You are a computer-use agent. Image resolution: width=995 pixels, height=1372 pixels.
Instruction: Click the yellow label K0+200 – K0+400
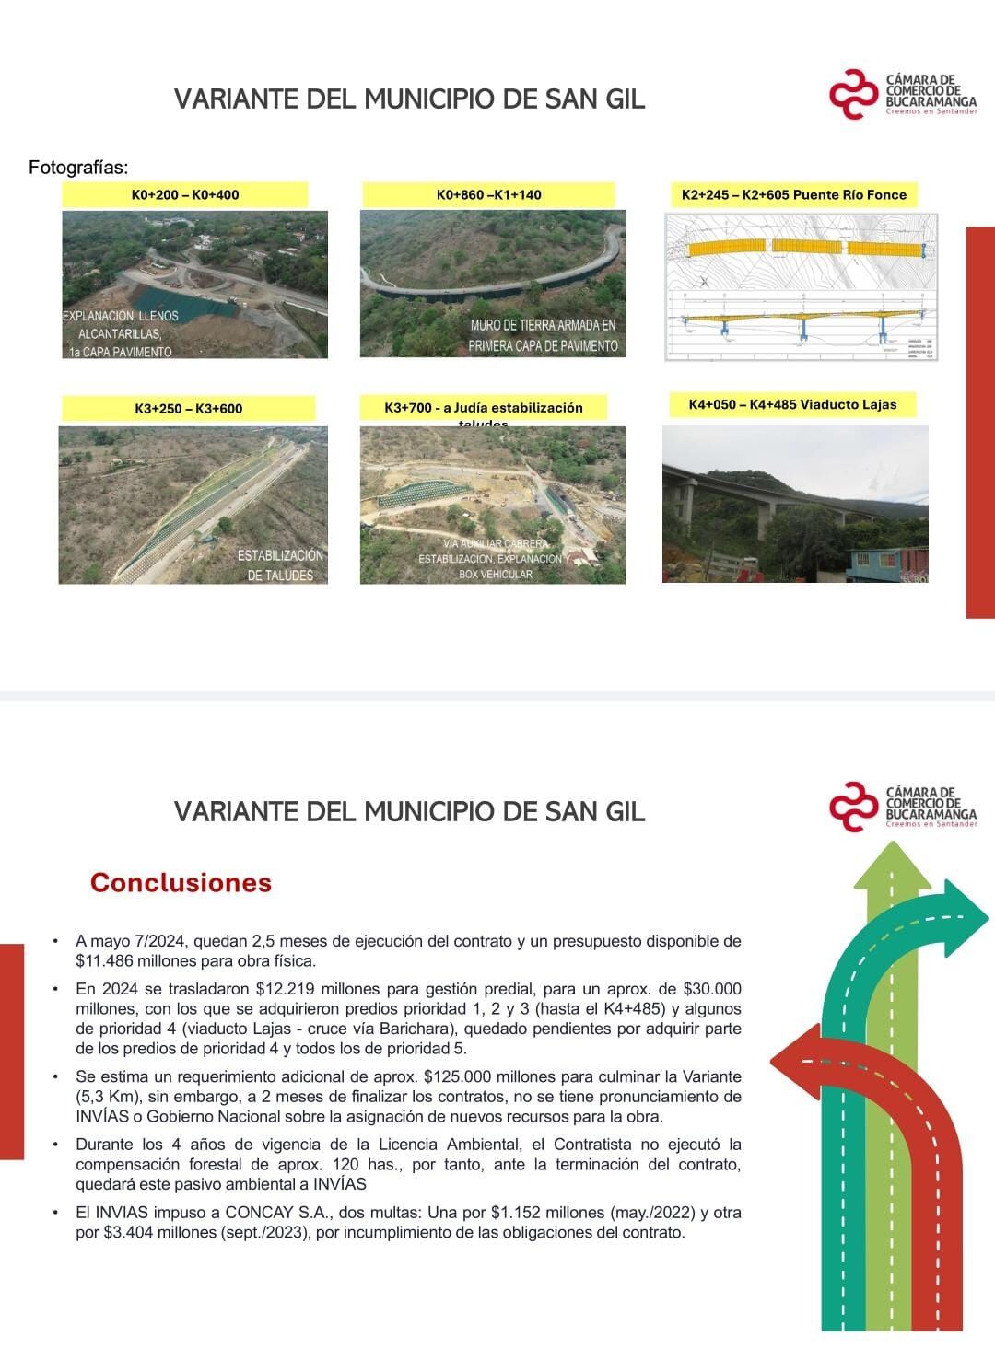[x=185, y=194]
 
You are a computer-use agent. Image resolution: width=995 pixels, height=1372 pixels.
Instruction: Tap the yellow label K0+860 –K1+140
[x=488, y=194]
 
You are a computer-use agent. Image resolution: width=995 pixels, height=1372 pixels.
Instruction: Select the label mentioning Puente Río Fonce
[x=794, y=194]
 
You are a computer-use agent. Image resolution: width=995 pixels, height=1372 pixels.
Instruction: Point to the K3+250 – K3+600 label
[x=188, y=408]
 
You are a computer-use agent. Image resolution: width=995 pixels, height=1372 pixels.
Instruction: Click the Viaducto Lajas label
[x=792, y=404]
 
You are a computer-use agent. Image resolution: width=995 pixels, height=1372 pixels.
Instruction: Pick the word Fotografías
[x=78, y=168]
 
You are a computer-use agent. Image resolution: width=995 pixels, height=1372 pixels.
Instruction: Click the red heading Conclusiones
[x=181, y=882]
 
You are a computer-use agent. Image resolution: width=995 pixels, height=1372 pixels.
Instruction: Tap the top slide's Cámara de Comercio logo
[x=903, y=95]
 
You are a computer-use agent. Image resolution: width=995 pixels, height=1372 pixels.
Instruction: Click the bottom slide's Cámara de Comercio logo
[x=903, y=808]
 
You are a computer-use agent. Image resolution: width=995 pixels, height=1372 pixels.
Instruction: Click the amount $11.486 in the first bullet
[x=107, y=961]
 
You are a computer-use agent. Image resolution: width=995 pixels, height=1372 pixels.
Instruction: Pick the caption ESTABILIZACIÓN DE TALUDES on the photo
[x=280, y=565]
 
